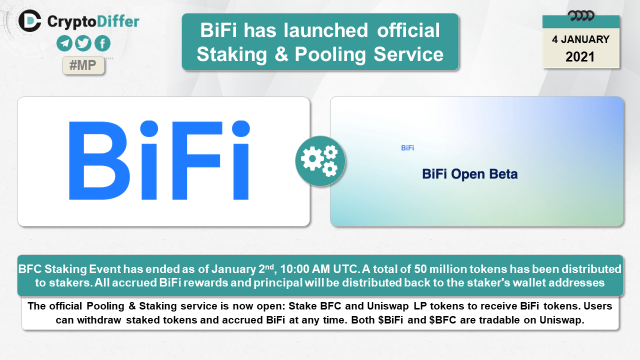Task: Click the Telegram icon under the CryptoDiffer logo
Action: pos(64,43)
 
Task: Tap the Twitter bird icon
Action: pos(83,43)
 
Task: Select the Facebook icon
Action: pos(102,43)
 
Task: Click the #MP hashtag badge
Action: pos(83,65)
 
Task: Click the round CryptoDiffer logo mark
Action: pos(29,21)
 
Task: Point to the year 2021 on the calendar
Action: pos(580,57)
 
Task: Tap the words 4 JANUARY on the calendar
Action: pos(581,39)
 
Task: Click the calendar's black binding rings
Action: pos(581,15)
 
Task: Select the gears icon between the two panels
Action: pos(320,161)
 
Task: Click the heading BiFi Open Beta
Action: pos(469,174)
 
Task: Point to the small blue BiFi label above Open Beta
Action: pos(407,148)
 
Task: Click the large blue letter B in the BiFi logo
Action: pos(99,160)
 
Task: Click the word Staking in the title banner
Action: pos(231,54)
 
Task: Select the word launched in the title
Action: pos(325,30)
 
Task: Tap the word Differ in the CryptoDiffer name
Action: pos(118,21)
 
